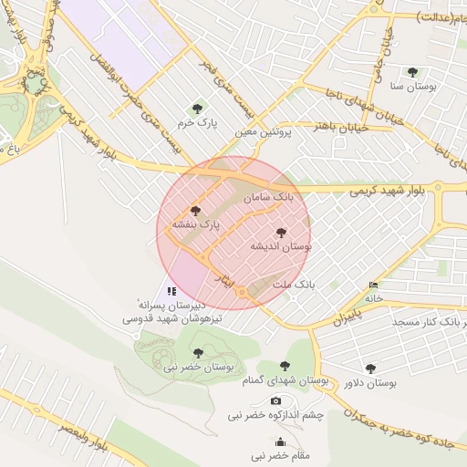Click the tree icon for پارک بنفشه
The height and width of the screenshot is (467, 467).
(x=195, y=211)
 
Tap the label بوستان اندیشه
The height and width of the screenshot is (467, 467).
(x=283, y=246)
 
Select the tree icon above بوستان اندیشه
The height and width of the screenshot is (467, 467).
(x=280, y=233)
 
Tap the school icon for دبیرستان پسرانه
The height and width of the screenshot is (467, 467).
(x=171, y=291)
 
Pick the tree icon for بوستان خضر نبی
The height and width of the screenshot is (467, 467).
(x=198, y=353)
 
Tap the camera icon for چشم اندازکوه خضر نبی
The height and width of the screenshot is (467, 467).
(x=275, y=401)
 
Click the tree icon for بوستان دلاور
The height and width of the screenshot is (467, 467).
(x=370, y=369)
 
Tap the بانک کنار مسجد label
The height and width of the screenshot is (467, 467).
(x=430, y=323)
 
